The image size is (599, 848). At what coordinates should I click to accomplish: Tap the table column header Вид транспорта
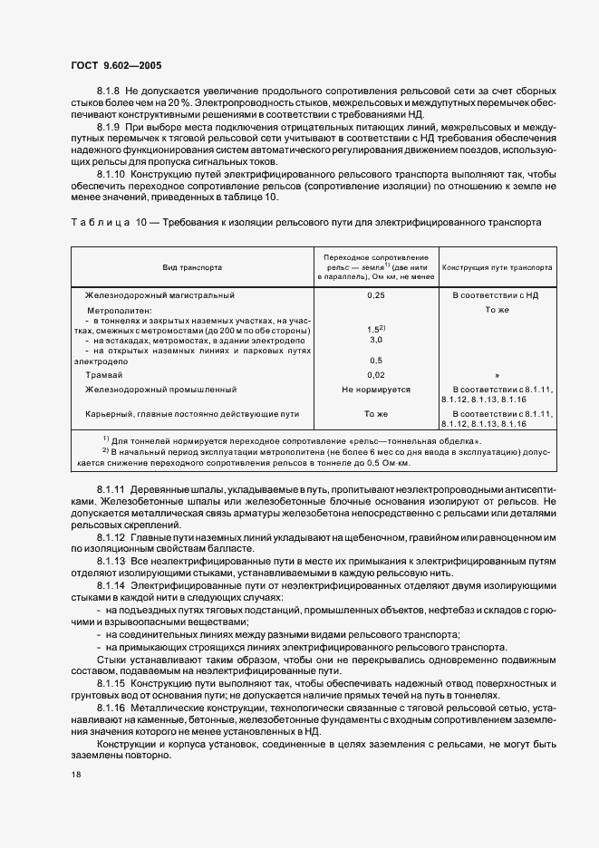(x=191, y=268)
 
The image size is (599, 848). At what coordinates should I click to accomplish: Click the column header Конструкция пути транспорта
(x=496, y=268)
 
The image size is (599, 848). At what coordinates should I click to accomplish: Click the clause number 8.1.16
(x=111, y=703)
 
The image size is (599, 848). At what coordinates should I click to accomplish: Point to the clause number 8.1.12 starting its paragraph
(x=111, y=538)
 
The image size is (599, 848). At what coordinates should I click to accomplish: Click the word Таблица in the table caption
(x=96, y=221)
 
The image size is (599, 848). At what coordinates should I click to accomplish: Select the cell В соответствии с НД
(x=496, y=295)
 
